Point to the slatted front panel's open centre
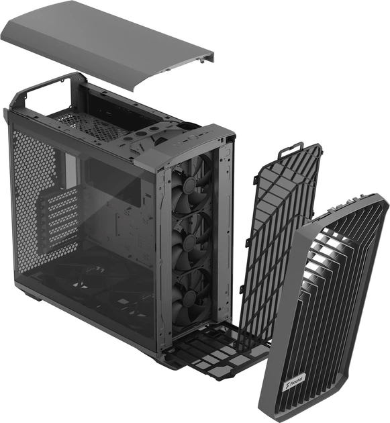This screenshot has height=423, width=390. pos(329,295)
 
